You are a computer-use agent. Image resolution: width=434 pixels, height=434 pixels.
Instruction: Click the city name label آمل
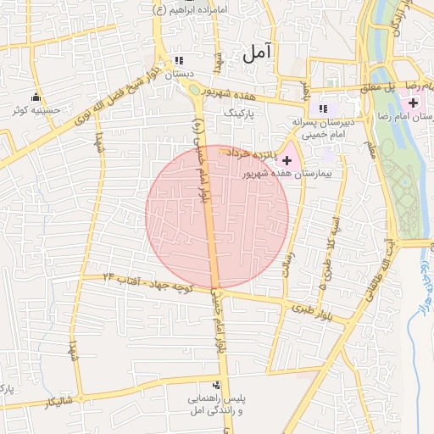click(x=258, y=53)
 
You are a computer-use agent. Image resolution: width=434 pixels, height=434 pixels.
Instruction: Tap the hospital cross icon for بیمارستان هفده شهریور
click(x=286, y=159)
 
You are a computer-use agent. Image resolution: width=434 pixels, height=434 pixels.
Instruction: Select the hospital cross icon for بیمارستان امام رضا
click(x=413, y=102)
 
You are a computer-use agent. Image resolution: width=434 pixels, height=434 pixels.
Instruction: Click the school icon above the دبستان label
click(x=178, y=61)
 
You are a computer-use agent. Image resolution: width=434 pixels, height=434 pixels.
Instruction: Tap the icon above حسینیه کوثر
click(x=35, y=97)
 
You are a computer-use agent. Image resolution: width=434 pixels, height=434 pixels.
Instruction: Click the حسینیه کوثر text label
click(x=35, y=110)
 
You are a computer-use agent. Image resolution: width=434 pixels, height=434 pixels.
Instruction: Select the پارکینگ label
click(x=238, y=111)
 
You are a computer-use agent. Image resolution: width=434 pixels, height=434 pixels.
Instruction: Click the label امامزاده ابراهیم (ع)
click(x=191, y=9)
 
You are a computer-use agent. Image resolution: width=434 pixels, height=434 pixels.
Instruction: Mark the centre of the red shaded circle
click(x=217, y=217)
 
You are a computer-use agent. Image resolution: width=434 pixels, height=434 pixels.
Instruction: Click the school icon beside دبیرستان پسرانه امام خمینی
click(x=321, y=108)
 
